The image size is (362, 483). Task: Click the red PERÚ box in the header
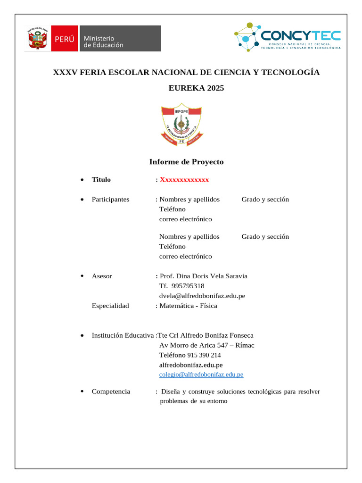pos(64,39)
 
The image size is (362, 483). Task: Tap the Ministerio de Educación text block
pos(103,42)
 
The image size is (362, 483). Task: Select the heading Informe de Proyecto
pos(186,162)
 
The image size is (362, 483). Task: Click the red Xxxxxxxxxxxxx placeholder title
pos(184,180)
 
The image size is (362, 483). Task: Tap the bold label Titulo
pos(101,180)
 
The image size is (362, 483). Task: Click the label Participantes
pos(110,200)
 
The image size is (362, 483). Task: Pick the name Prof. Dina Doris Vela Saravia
pos(204,276)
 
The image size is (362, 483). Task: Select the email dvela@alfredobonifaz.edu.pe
pos(202,296)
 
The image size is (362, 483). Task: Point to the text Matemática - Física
pos(189,306)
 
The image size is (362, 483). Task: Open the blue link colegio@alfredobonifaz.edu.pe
pos(201,375)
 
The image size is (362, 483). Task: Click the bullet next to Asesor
pos(82,276)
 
